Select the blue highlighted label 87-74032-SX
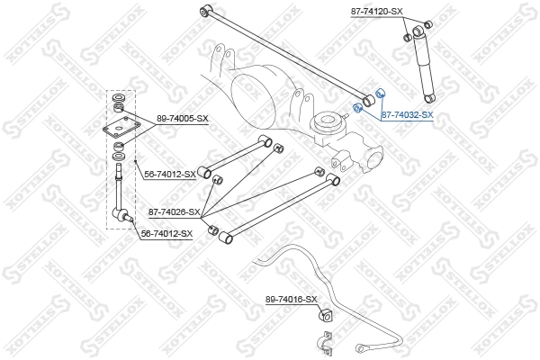point(407,115)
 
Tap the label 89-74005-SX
point(182,118)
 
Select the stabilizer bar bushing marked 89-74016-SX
point(326,315)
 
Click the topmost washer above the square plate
point(117,97)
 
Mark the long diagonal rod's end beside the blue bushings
point(367,96)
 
